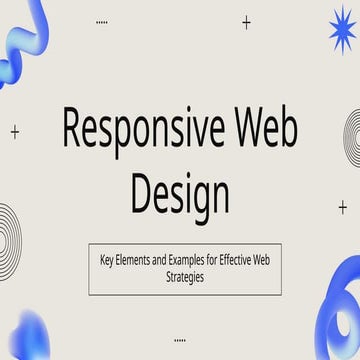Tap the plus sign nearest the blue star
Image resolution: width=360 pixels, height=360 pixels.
click(x=246, y=22)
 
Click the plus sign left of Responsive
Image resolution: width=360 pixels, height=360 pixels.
click(x=15, y=131)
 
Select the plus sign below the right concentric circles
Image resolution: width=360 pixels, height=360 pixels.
click(x=343, y=208)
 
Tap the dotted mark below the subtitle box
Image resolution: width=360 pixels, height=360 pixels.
click(x=180, y=338)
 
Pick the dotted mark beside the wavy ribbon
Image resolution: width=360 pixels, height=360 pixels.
click(x=101, y=21)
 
